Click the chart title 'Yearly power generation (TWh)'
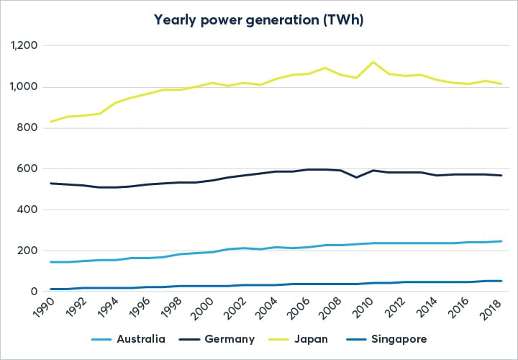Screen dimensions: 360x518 tap(258, 20)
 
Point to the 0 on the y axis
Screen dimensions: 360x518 tap(35, 292)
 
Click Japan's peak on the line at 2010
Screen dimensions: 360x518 tap(373, 62)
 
